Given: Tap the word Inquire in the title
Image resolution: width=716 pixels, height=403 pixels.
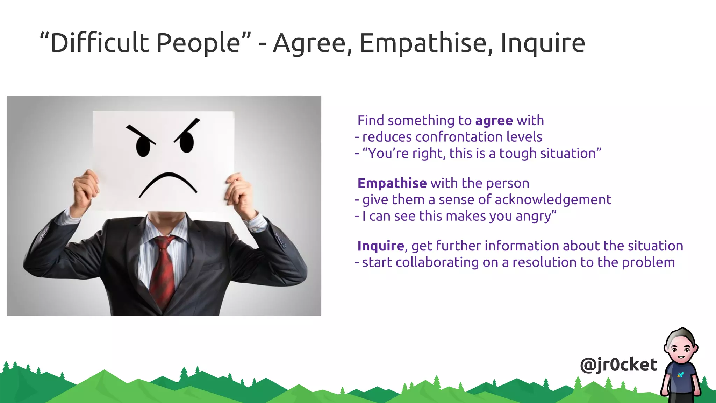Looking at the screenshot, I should (x=543, y=43).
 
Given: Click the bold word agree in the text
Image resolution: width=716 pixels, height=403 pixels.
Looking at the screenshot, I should (x=494, y=121).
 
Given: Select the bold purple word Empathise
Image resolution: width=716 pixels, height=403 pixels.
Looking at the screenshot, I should (x=392, y=183).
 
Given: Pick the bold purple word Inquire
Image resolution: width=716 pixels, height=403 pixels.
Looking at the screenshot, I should (x=380, y=246).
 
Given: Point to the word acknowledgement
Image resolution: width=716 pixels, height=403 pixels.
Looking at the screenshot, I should (x=553, y=200).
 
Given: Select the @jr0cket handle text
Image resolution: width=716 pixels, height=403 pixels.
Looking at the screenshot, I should (x=618, y=365).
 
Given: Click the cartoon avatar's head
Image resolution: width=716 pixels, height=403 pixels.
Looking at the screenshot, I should (x=681, y=348).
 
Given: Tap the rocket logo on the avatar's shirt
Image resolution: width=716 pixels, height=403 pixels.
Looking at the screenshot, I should (x=680, y=375).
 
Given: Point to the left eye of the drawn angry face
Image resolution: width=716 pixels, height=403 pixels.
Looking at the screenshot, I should (x=143, y=147).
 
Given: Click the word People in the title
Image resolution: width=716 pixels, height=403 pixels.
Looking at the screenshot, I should (x=198, y=43).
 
